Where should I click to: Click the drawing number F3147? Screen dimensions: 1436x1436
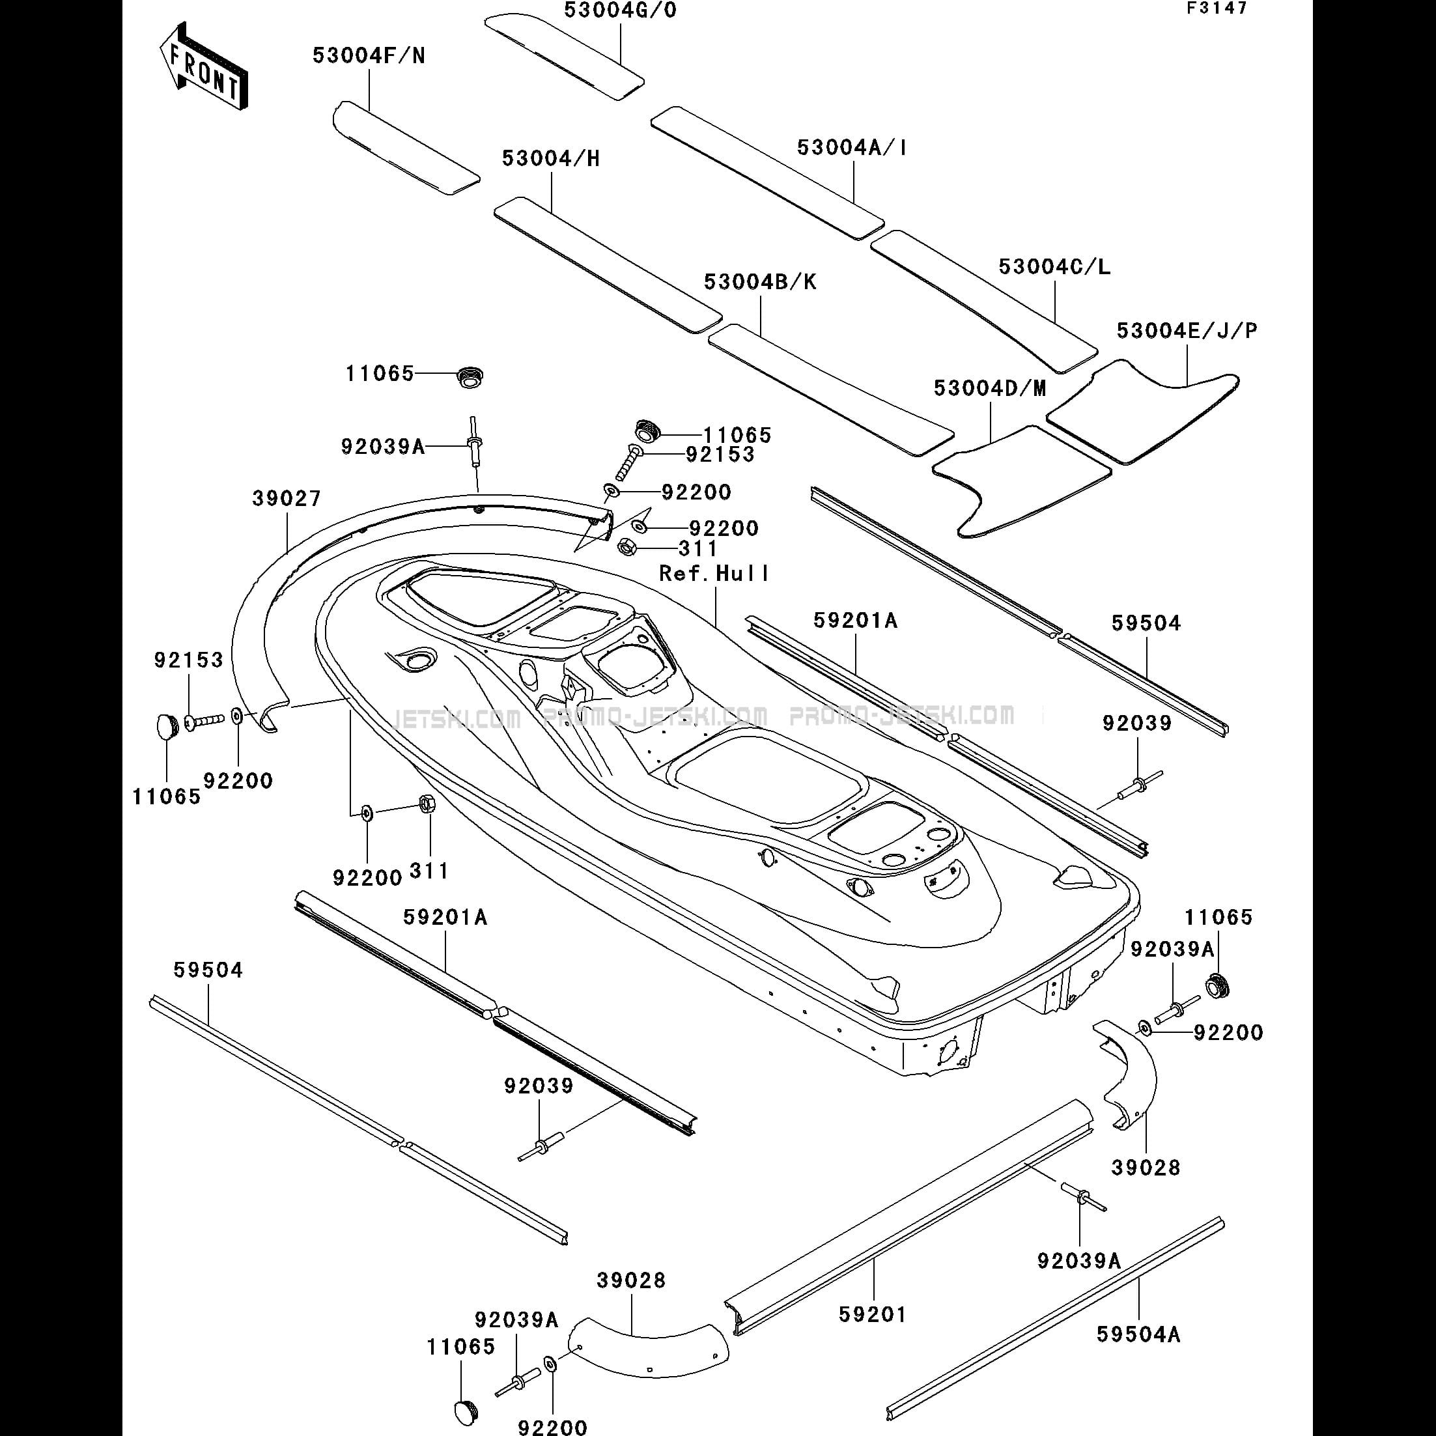coord(1217,8)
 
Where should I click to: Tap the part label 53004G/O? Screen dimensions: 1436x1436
coord(621,10)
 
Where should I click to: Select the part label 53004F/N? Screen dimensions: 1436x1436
coord(369,56)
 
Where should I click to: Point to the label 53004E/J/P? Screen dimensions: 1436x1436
coord(1187,331)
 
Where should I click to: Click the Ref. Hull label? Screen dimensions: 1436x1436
coord(714,573)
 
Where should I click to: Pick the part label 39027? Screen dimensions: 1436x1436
coord(287,499)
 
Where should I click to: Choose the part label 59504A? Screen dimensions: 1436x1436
coord(1138,1334)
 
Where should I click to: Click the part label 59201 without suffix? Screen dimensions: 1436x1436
coord(873,1315)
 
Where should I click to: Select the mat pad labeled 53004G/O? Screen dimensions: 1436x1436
coord(564,55)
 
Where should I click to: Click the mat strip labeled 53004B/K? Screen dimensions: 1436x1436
coord(831,389)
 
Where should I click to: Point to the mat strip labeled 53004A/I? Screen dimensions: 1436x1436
coord(768,172)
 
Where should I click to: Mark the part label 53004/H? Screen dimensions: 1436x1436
coord(551,158)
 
